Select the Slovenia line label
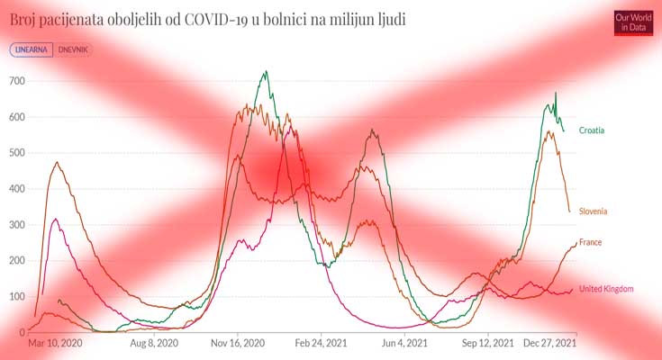pos(593,211)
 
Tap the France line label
pos(590,242)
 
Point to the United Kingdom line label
pos(606,289)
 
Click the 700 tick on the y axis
pos(15,81)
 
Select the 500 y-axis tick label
pos(15,153)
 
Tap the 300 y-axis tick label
pos(15,225)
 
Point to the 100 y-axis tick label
pos(15,296)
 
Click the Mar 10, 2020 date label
pos(55,344)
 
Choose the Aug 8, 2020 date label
pos(155,344)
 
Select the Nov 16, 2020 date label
pos(238,344)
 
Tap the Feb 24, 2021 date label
pos(321,344)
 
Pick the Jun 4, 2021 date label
pos(404,344)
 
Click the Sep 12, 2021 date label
pos(487,344)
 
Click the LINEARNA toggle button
pos(32,50)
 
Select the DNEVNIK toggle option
pos(75,50)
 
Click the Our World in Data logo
pos(632,22)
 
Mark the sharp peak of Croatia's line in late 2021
pos(555,93)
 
